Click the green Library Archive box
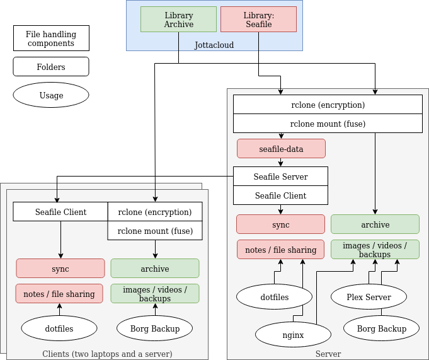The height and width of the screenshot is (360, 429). click(178, 20)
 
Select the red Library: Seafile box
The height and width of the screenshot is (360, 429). click(258, 20)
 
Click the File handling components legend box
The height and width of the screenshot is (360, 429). click(51, 38)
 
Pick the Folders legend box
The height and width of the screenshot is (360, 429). click(51, 67)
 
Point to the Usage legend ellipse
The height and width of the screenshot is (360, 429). click(51, 95)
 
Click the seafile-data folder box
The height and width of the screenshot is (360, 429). click(281, 149)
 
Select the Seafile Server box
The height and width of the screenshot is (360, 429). click(280, 177)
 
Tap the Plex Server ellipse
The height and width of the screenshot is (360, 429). click(369, 297)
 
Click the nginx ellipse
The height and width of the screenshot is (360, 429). click(293, 335)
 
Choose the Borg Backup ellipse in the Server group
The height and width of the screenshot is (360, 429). click(381, 328)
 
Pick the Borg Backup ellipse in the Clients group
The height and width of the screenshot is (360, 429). click(154, 328)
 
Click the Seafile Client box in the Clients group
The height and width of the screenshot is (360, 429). click(60, 212)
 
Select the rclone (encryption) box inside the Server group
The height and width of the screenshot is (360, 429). click(328, 105)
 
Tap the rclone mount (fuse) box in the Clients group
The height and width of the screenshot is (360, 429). click(155, 231)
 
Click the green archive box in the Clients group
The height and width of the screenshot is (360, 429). click(155, 269)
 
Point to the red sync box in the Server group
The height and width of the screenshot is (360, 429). click(280, 224)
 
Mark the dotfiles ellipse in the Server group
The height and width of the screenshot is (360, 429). click(274, 297)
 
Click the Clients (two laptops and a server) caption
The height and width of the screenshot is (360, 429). click(107, 354)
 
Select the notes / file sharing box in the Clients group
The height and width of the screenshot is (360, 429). click(60, 294)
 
